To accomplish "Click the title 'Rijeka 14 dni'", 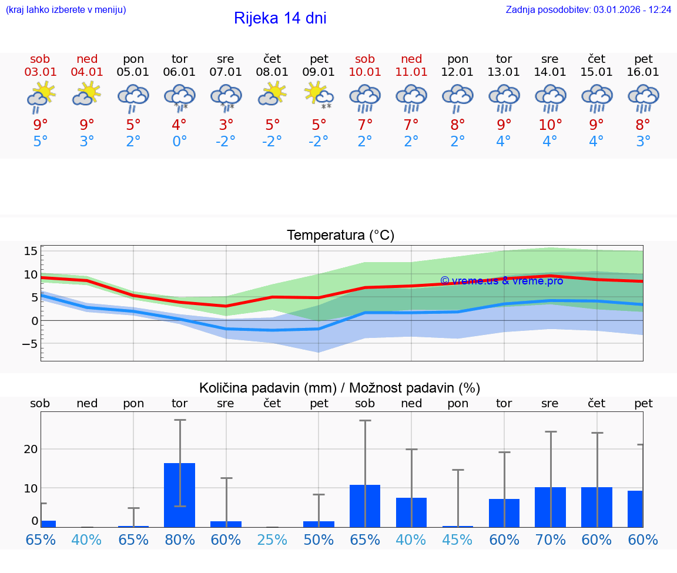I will coord(280,18).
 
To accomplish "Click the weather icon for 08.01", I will coord(272,94).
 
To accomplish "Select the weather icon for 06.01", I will coord(179,96).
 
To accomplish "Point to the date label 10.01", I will coord(365,72).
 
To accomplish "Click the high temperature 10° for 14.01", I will coord(550,125).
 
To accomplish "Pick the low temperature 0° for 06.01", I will coord(179,142).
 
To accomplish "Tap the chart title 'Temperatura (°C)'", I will coord(340,236).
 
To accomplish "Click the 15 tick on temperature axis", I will coord(31,252).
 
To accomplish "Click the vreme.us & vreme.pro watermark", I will coord(501,281).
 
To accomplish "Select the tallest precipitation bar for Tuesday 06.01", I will coord(179,495).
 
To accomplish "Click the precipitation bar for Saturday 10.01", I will coord(365,505).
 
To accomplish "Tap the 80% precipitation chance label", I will coord(179,540).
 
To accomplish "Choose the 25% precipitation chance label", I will coord(272,540).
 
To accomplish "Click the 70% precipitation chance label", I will coord(550,540).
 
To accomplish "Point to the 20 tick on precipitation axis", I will coord(31,449).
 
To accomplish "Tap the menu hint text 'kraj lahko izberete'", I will coord(66,10).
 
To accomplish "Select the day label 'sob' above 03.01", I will coord(40,59).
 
